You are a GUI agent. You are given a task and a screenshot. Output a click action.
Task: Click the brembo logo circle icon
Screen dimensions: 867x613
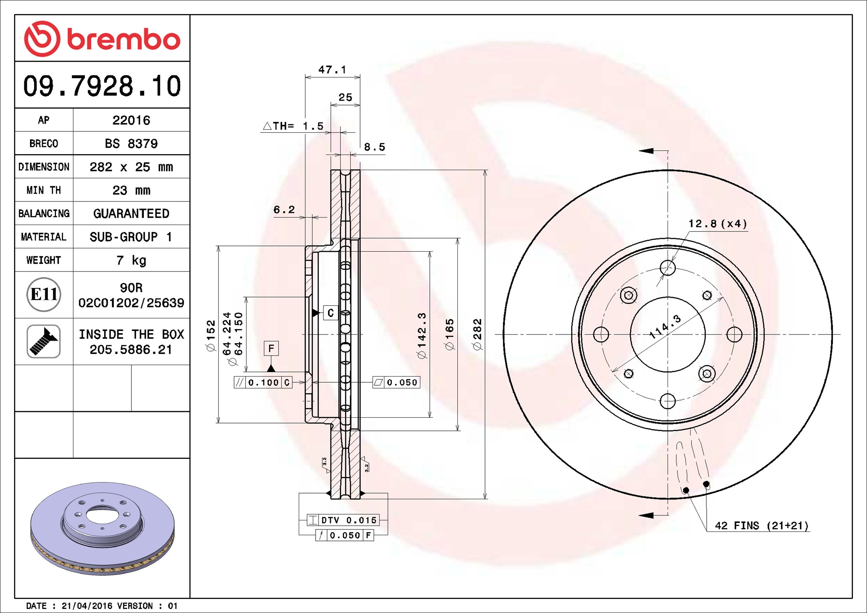[42, 39]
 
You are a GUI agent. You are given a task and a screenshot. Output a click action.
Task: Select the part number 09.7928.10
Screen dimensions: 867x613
[102, 86]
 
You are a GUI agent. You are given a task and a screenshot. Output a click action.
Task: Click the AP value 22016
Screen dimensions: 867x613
[131, 120]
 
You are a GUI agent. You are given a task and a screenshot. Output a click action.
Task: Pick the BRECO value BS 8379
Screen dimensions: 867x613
[131, 143]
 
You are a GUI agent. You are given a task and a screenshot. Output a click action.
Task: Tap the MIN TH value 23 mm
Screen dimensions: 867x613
[131, 190]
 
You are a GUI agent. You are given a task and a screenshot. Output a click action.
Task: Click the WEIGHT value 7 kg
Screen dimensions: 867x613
[131, 260]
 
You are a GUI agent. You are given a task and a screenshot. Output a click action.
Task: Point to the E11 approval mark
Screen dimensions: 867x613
[44, 294]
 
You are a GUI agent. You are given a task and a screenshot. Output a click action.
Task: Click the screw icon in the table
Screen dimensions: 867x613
[44, 341]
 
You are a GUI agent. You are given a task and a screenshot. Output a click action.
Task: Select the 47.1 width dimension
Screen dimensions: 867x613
[332, 70]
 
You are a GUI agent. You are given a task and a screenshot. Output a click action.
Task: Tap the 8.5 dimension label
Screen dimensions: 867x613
[375, 147]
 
